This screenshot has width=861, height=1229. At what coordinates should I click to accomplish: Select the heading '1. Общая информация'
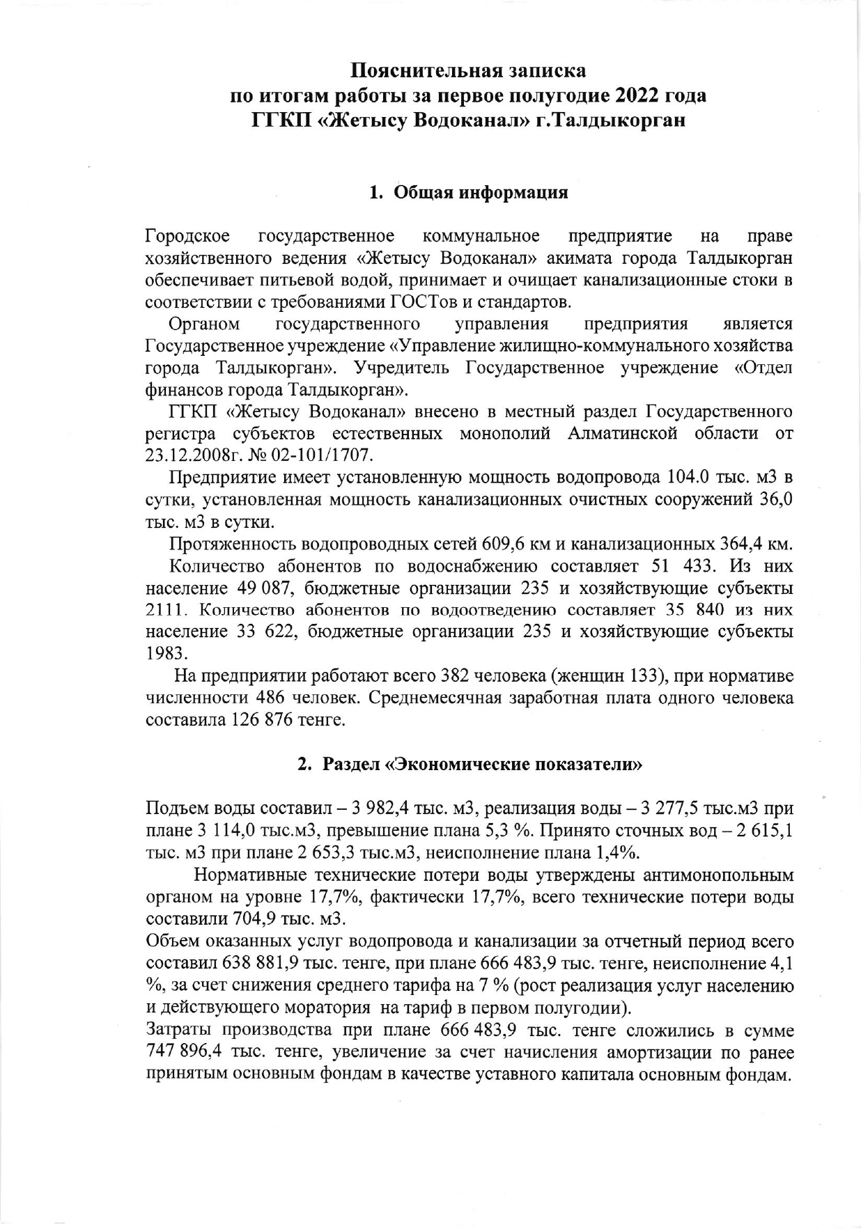point(468,193)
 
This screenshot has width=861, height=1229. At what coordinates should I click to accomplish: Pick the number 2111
point(167,610)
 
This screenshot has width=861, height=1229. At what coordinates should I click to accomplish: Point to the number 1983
point(166,654)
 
